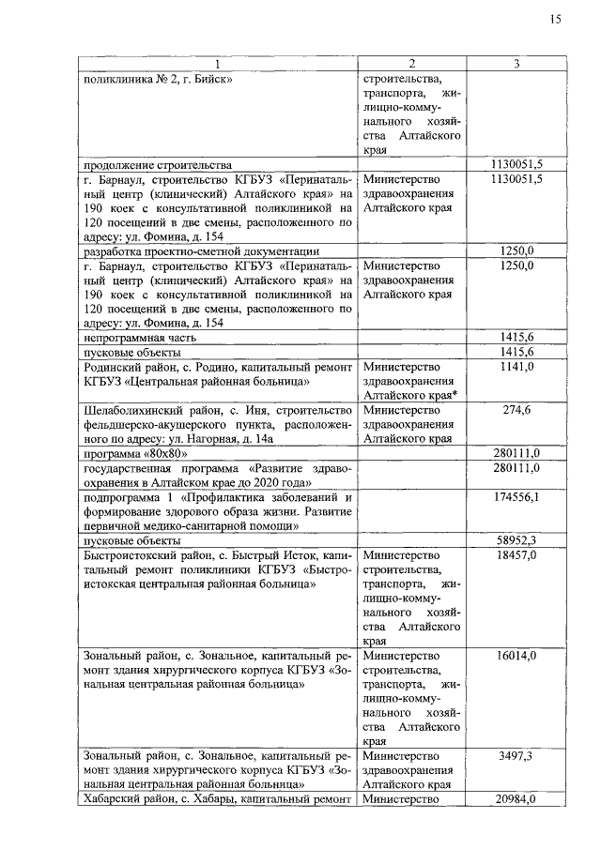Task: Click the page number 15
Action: (x=556, y=21)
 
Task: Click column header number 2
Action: (x=411, y=64)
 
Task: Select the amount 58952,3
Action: (x=516, y=540)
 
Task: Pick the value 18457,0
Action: (x=516, y=556)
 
